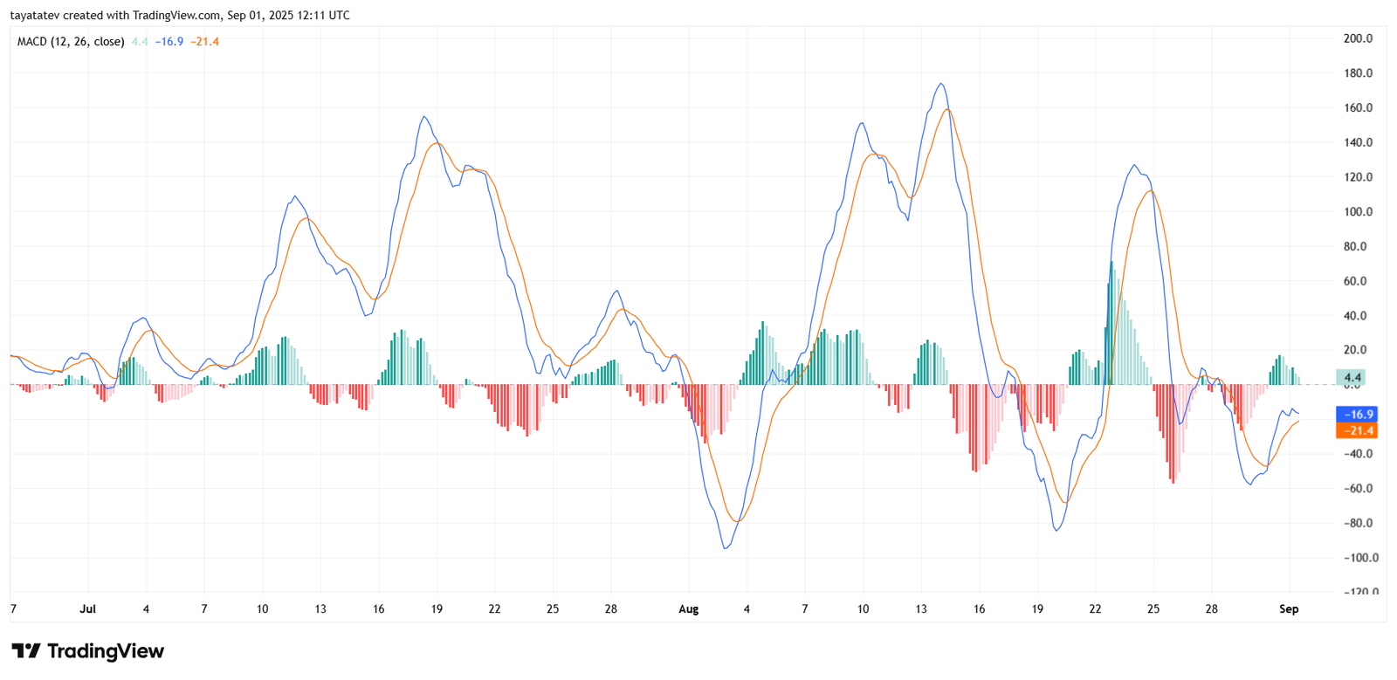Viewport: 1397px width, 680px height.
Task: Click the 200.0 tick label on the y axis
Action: coord(1358,38)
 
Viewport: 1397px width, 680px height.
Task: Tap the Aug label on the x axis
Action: coord(688,609)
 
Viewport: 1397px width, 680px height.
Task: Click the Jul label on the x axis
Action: coord(87,609)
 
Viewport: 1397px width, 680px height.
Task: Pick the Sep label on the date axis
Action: coord(1289,609)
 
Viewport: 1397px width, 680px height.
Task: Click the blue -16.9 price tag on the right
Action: coord(1357,415)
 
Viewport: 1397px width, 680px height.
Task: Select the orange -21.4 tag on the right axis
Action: coord(1357,430)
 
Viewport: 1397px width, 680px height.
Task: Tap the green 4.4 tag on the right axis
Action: coord(1352,378)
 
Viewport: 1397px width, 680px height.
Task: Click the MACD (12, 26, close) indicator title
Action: coord(71,42)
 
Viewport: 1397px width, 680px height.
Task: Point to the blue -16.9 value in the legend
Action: coord(169,42)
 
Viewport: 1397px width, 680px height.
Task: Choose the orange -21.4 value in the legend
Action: coord(205,42)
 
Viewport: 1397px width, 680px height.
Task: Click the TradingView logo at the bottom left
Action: coord(87,651)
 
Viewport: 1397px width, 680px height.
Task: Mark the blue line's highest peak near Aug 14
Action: coord(940,84)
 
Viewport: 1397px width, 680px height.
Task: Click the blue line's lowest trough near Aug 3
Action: coord(726,548)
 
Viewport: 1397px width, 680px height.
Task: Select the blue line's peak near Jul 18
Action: coord(423,117)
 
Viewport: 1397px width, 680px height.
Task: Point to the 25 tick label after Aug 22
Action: coord(1153,609)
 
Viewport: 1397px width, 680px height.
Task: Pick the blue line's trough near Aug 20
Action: coord(1056,530)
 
